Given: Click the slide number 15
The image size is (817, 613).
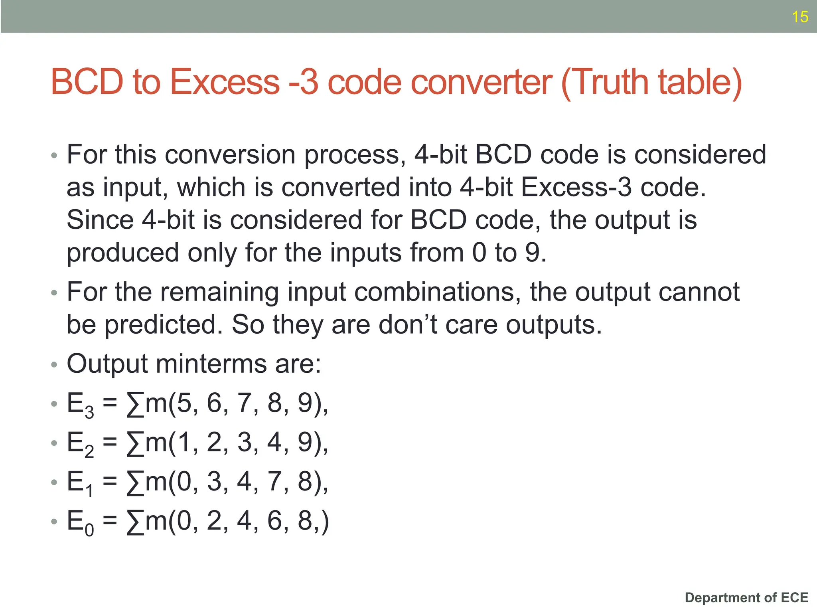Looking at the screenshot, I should [800, 17].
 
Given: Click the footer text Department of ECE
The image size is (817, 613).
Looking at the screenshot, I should [746, 597].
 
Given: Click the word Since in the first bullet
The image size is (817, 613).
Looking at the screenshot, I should [100, 220].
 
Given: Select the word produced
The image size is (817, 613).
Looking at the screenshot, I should [122, 253].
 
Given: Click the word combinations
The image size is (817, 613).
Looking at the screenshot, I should [437, 293].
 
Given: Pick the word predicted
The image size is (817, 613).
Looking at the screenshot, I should [164, 324].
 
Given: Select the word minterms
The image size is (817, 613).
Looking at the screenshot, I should [211, 364].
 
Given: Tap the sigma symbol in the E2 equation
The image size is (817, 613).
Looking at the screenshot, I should [135, 443].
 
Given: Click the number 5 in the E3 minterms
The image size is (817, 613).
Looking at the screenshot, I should [184, 403].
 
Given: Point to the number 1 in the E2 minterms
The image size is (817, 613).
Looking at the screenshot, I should [184, 443].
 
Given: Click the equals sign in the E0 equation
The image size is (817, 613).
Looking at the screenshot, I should [110, 520].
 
